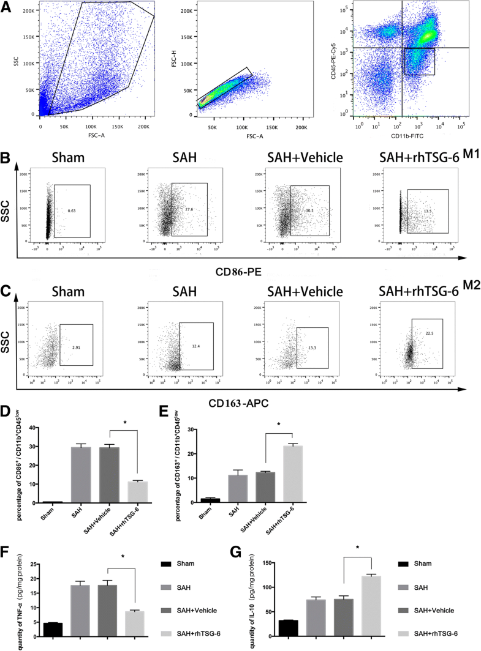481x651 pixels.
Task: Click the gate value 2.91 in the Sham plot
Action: coord(76,347)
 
